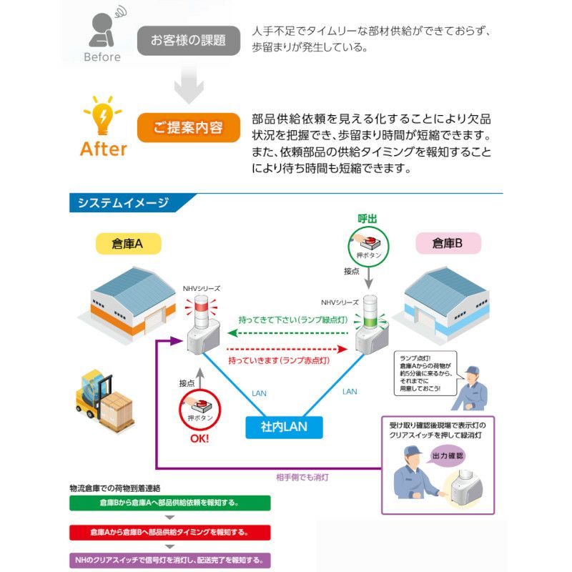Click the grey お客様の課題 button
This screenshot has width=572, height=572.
click(188, 40)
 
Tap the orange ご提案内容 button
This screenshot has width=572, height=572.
click(188, 128)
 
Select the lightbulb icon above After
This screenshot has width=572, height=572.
click(102, 114)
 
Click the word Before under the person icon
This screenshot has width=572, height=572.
click(102, 56)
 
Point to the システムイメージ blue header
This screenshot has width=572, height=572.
click(123, 203)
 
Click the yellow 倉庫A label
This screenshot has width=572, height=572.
click(128, 244)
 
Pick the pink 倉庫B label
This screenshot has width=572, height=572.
click(448, 244)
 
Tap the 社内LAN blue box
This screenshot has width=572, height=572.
click(283, 427)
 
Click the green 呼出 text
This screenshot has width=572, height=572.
click(367, 218)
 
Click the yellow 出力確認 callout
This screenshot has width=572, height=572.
click(448, 455)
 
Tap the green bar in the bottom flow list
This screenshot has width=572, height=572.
click(170, 502)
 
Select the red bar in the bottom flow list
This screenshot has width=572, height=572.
click(170, 532)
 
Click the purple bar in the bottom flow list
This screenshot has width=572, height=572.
click(170, 560)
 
